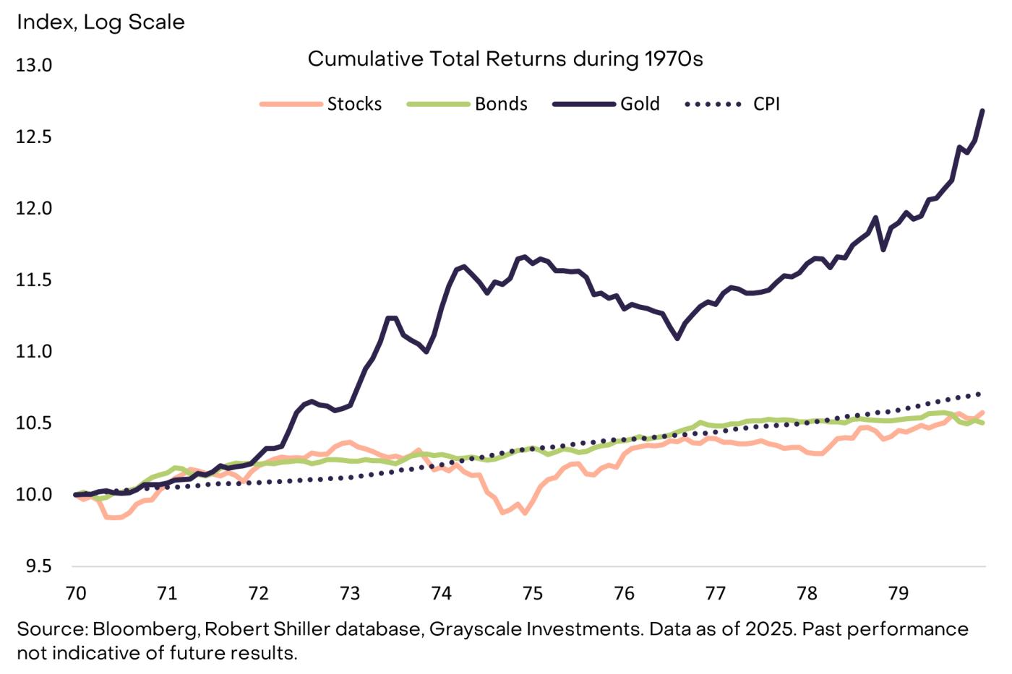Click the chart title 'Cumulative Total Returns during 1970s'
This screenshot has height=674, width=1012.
pyautogui.click(x=505, y=59)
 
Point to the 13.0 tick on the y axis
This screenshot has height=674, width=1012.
pyautogui.click(x=34, y=65)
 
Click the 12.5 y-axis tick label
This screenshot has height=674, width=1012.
pyautogui.click(x=34, y=137)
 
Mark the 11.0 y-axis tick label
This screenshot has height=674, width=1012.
pyautogui.click(x=34, y=352)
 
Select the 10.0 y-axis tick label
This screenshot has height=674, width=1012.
pyautogui.click(x=34, y=495)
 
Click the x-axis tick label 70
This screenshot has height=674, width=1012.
pyautogui.click(x=76, y=593)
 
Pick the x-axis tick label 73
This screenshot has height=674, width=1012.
pyautogui.click(x=350, y=593)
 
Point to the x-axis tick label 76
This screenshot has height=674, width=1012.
pyautogui.click(x=624, y=593)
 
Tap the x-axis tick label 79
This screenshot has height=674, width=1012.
pyautogui.click(x=898, y=593)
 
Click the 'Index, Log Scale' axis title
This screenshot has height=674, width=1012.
pyautogui.click(x=100, y=22)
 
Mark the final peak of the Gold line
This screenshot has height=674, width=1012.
pyautogui.click(x=982, y=111)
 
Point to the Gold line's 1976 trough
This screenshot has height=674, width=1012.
pyautogui.click(x=677, y=338)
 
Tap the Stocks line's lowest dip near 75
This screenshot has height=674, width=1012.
pyautogui.click(x=525, y=513)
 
